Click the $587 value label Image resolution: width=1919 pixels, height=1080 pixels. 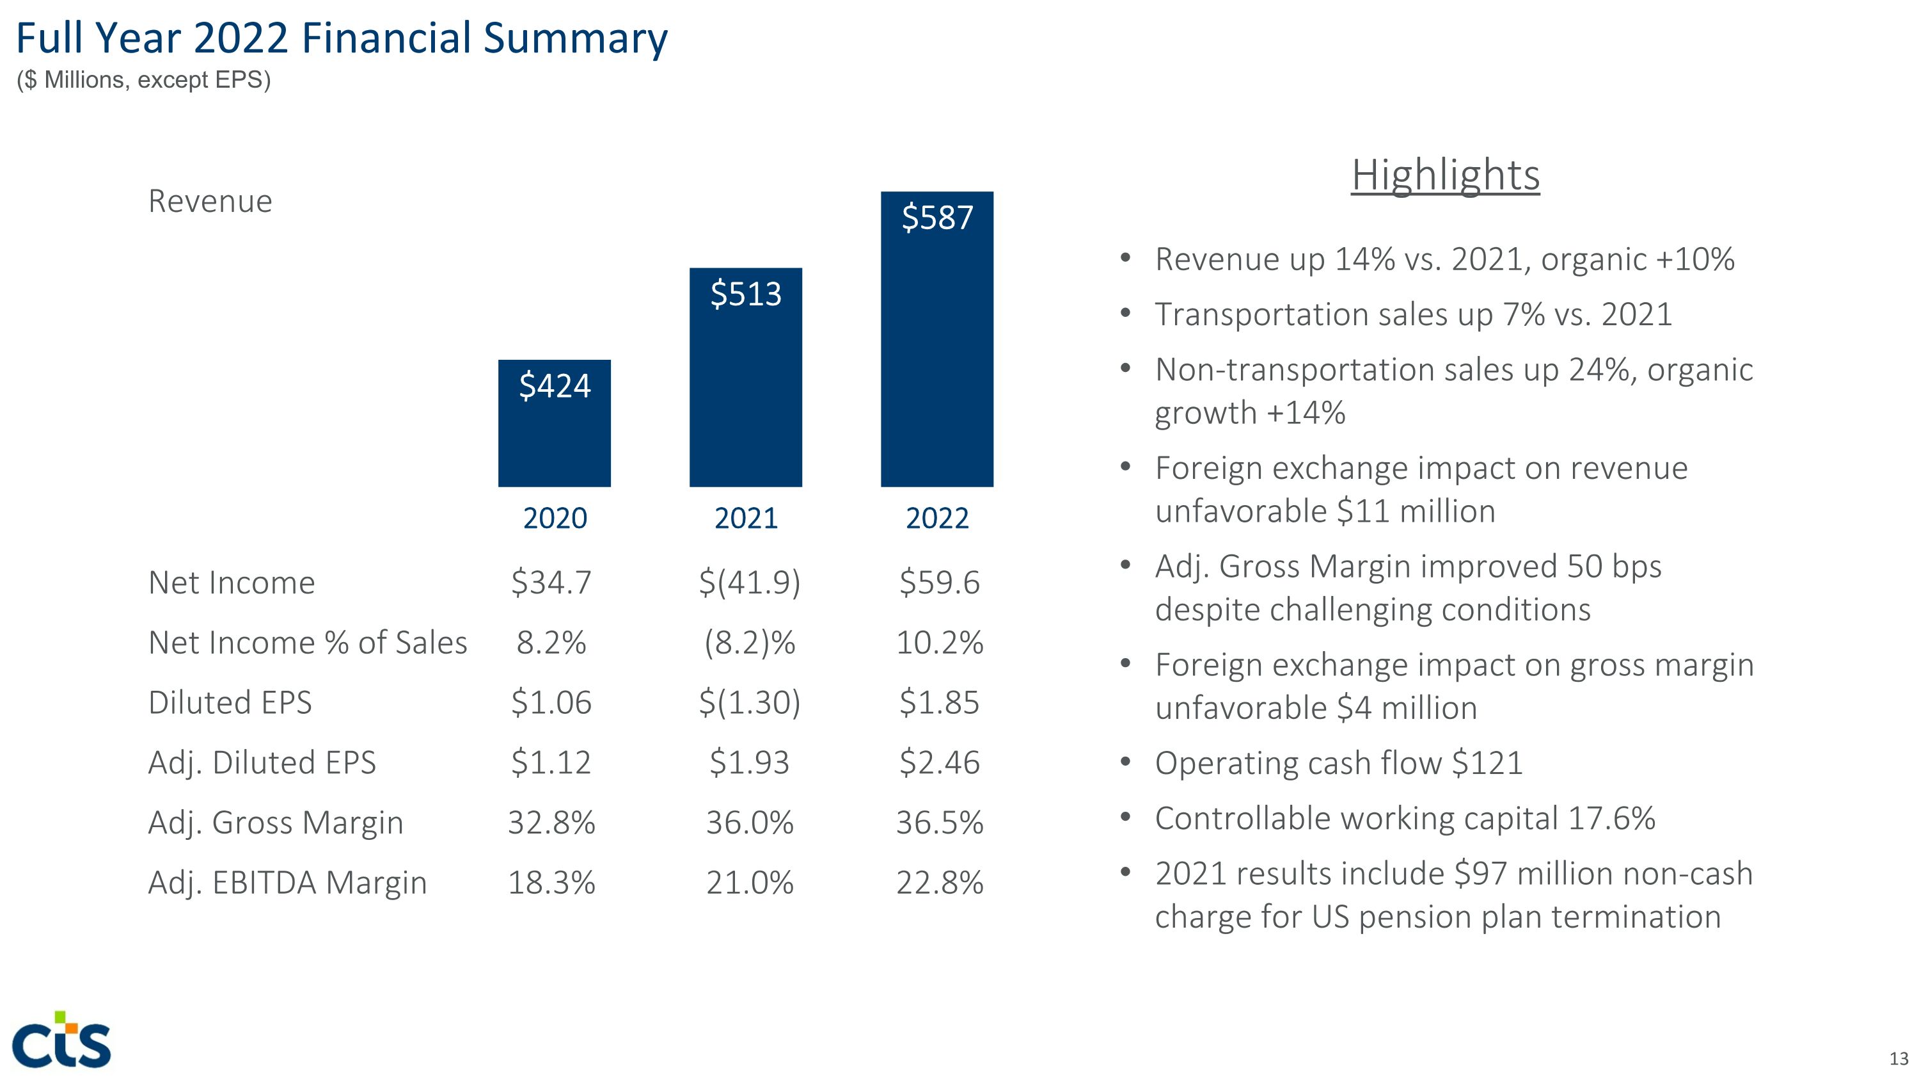click(x=937, y=218)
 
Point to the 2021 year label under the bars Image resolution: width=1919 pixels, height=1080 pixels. click(x=746, y=518)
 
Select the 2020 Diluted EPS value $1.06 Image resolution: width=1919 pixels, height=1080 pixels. click(x=551, y=702)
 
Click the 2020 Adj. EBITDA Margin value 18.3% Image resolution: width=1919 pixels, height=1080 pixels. click(x=551, y=882)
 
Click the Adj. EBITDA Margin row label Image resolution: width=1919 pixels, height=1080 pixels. click(x=288, y=882)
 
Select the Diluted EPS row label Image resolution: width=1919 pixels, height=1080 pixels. click(x=230, y=702)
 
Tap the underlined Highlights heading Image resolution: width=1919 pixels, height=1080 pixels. click(x=1445, y=175)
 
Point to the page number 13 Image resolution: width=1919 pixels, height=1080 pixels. click(x=1898, y=1058)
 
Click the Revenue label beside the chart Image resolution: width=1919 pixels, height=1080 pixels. click(x=210, y=201)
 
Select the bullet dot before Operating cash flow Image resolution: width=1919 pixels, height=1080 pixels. click(x=1126, y=762)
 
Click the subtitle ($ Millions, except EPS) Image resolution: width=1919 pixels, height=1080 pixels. click(x=144, y=80)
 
